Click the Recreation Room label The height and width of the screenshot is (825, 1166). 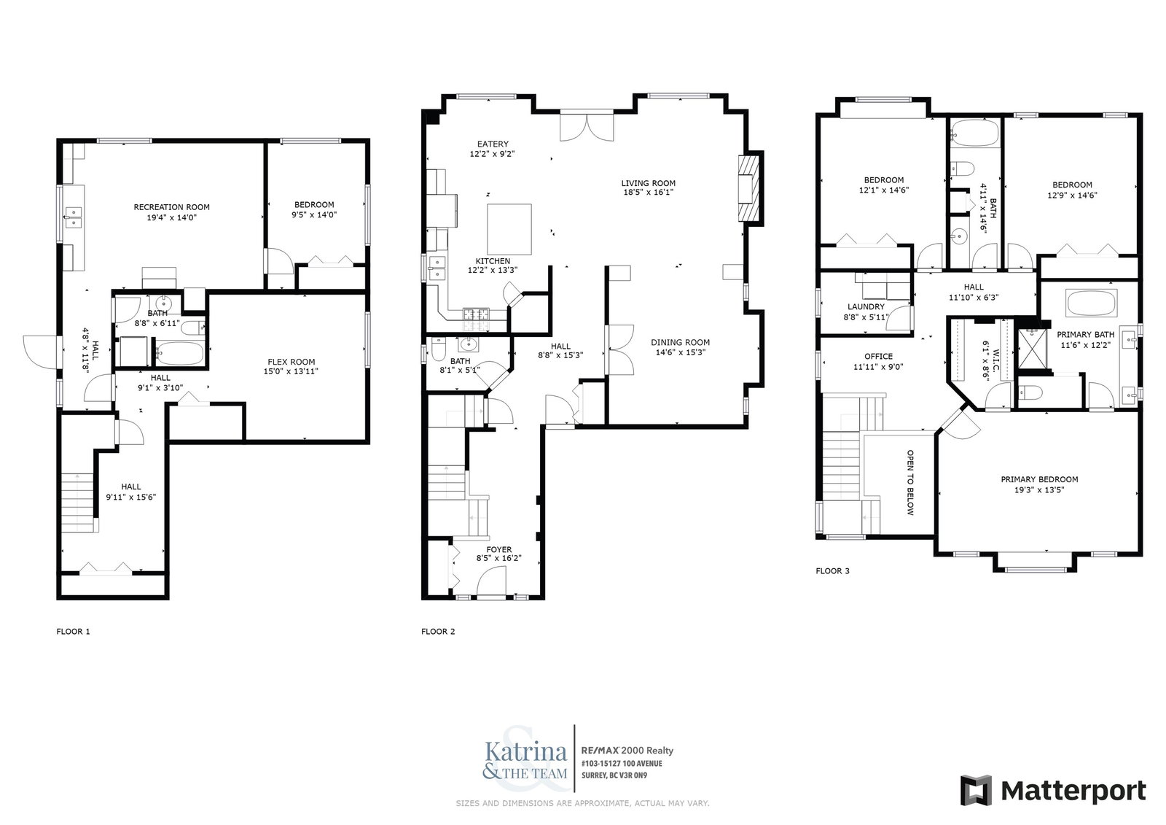tap(172, 207)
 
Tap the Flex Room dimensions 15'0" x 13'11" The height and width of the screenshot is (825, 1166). tap(291, 371)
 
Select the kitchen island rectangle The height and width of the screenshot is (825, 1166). tap(509, 229)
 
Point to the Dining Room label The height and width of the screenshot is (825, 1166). tap(681, 342)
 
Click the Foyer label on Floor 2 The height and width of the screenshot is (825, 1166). tap(499, 549)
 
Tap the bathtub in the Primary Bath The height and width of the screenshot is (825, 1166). tap(1091, 303)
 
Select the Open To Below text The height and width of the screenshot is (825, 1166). tap(910, 483)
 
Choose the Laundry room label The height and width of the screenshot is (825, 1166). tap(866, 307)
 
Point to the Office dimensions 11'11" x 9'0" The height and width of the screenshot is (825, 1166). tap(878, 367)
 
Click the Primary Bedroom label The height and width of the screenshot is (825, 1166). tap(1039, 479)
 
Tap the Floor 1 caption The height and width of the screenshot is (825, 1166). tap(74, 632)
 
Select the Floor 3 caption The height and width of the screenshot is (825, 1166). tap(832, 571)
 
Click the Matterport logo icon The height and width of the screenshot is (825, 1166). tap(976, 790)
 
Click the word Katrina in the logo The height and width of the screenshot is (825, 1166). tap(525, 752)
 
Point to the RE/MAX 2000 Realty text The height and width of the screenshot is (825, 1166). tap(627, 751)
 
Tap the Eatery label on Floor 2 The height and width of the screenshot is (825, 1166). tap(493, 144)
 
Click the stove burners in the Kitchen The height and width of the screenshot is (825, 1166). tap(477, 314)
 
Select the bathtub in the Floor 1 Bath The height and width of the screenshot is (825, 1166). tap(180, 353)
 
